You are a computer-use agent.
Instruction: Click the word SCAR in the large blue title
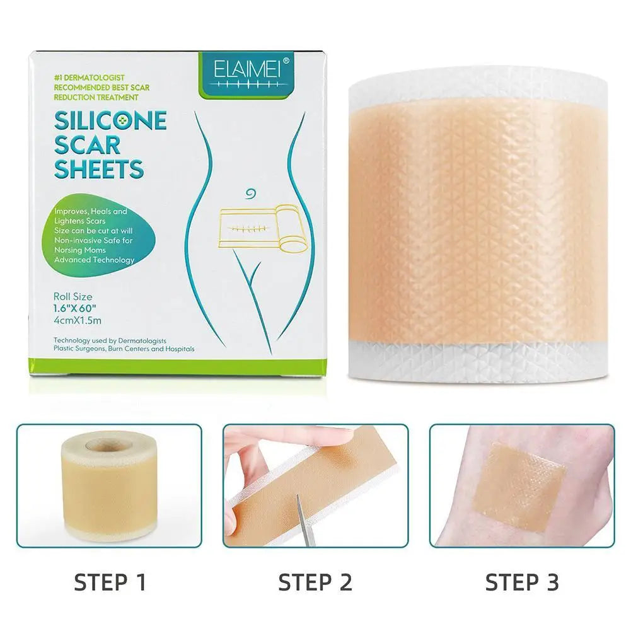[87, 144]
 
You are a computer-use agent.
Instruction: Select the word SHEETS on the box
[99, 168]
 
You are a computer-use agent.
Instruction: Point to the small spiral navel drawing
[251, 194]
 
